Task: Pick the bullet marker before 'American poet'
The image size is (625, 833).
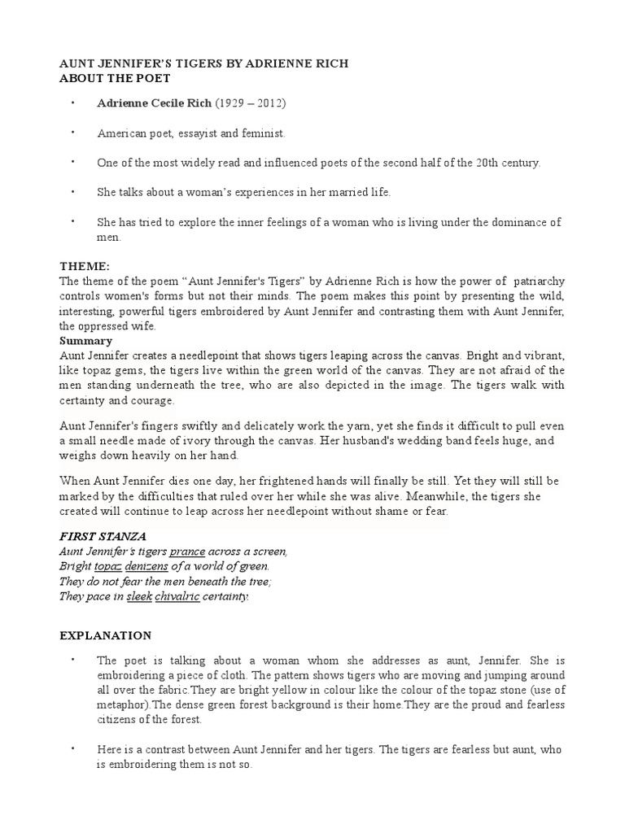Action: [72, 132]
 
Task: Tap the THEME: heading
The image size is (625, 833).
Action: [84, 266]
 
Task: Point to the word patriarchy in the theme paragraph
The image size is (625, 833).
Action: [535, 281]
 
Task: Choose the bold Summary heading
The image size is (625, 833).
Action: [85, 341]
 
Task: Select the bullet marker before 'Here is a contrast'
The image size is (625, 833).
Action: [72, 748]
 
